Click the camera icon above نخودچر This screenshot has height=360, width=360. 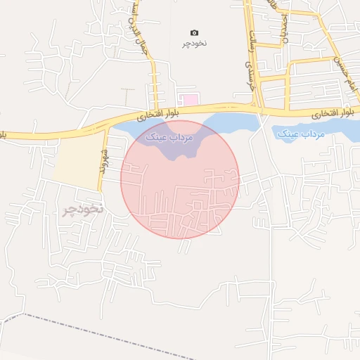195,32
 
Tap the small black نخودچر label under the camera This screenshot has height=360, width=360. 195,44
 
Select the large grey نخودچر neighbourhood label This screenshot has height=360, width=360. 83,210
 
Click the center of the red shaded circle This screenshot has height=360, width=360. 180,179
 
